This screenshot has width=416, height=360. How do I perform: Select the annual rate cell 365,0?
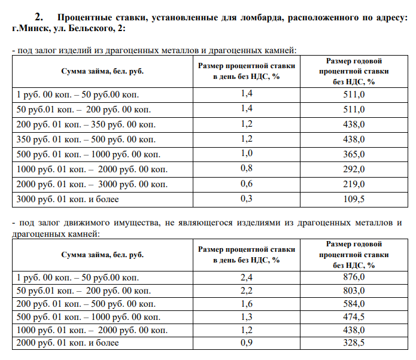[x=354, y=154]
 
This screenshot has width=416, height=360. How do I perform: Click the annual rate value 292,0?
[x=354, y=169]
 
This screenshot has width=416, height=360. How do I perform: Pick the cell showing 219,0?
[x=354, y=184]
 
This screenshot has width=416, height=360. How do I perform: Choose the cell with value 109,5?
[x=354, y=199]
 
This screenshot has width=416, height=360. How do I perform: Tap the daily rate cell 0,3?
[x=247, y=198]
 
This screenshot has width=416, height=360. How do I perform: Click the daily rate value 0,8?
[x=247, y=169]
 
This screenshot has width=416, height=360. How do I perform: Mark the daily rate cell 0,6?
[x=247, y=183]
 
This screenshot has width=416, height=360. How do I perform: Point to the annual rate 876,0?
[x=354, y=277]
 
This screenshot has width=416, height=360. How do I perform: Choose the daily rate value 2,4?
[x=247, y=277]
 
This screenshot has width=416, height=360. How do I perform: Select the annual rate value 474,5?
[x=354, y=316]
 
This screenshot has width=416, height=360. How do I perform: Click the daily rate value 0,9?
[x=247, y=343]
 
